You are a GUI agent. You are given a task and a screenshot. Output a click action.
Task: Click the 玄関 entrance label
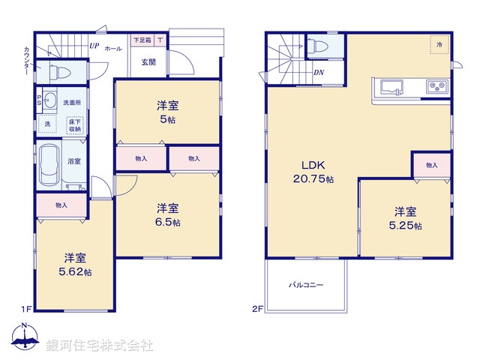148,62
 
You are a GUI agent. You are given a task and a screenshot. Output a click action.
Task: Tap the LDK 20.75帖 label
313,172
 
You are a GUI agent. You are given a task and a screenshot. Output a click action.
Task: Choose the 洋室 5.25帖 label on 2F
406,217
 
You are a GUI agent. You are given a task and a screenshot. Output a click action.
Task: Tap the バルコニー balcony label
305,285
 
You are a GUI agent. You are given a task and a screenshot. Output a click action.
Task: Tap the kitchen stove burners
436,87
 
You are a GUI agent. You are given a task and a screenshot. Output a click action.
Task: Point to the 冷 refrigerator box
439,44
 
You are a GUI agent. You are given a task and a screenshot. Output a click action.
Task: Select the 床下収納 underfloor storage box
74,125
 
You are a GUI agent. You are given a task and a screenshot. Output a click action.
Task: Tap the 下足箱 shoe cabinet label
142,39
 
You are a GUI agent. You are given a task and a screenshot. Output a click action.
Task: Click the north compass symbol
24,337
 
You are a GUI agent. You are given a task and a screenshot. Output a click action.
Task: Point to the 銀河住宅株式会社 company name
99,345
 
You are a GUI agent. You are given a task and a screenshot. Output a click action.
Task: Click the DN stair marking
318,73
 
